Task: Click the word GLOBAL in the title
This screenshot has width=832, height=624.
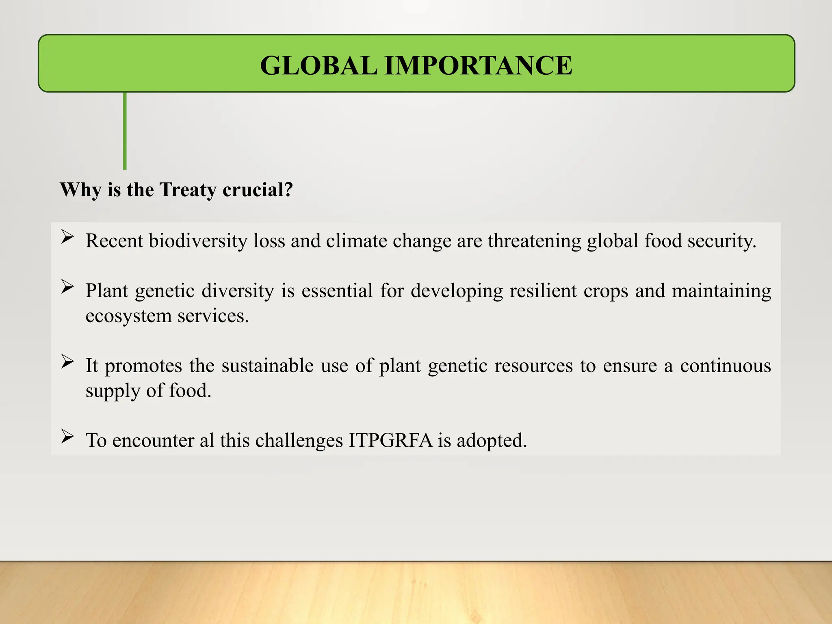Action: click(318, 65)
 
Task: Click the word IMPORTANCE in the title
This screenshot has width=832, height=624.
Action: click(478, 65)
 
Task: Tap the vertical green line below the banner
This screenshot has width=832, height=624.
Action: click(125, 130)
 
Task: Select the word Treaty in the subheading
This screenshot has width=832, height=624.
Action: click(188, 190)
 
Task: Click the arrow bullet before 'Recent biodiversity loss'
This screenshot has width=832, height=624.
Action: click(67, 237)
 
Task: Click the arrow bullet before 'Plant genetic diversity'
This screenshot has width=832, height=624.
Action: click(67, 287)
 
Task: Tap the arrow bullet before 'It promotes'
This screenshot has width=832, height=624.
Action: click(67, 362)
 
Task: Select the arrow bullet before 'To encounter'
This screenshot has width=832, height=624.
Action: click(67, 436)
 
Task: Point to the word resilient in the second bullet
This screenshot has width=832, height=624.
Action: click(543, 291)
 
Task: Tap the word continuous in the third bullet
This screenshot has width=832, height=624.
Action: click(725, 366)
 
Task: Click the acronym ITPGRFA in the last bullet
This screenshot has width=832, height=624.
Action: click(390, 441)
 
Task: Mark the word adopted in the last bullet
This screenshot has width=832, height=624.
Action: click(491, 441)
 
